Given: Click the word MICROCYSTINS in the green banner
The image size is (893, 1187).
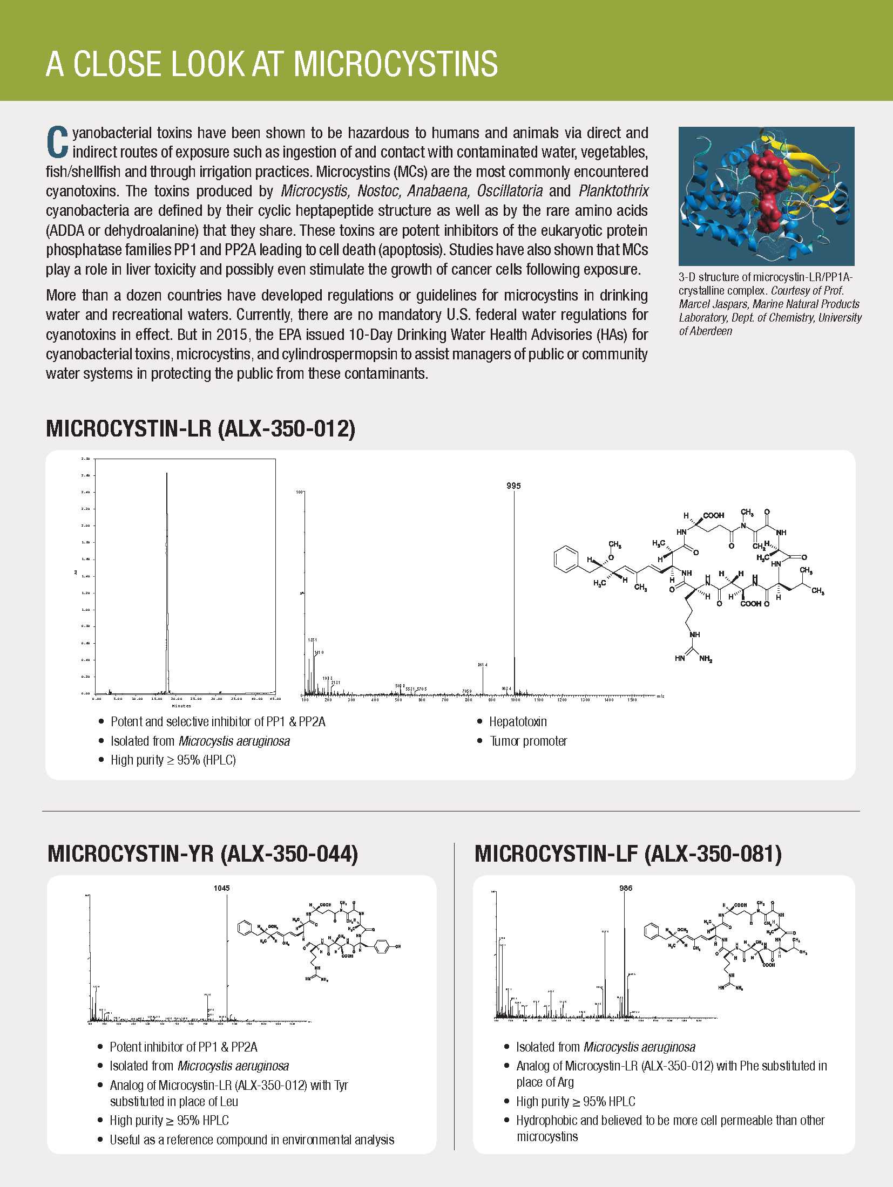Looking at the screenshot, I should pyautogui.click(x=395, y=64).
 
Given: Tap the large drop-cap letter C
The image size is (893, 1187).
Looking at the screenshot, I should pyautogui.click(x=57, y=142).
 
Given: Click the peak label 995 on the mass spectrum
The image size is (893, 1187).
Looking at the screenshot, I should pyautogui.click(x=513, y=486).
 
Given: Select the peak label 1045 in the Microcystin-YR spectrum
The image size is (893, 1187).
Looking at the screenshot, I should pyautogui.click(x=221, y=888).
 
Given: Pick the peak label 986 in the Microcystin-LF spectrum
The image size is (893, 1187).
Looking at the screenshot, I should pyautogui.click(x=626, y=888).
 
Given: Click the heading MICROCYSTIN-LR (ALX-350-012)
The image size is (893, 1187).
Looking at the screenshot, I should pyautogui.click(x=200, y=428).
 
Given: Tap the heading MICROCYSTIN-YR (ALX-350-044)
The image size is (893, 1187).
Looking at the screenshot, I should pyautogui.click(x=202, y=854).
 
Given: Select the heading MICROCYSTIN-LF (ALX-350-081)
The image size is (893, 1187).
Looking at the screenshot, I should pyautogui.click(x=627, y=854).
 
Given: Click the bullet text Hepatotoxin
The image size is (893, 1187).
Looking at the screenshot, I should pyautogui.click(x=518, y=721).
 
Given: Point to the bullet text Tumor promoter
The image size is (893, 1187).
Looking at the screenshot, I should pyautogui.click(x=528, y=741).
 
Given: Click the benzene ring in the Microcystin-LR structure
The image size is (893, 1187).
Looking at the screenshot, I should pyautogui.click(x=566, y=560).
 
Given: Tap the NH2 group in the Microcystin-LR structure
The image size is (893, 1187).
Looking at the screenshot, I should pyautogui.click(x=706, y=659).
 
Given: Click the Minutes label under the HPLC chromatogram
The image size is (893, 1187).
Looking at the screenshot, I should pyautogui.click(x=181, y=706).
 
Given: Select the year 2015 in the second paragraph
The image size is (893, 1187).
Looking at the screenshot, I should pyautogui.click(x=232, y=335).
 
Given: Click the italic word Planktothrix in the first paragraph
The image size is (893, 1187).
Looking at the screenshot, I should pyautogui.click(x=613, y=191).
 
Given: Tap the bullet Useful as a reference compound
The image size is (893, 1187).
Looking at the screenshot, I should pyautogui.click(x=252, y=1140).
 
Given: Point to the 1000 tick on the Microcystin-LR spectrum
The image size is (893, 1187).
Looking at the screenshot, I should pyautogui.click(x=516, y=700).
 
